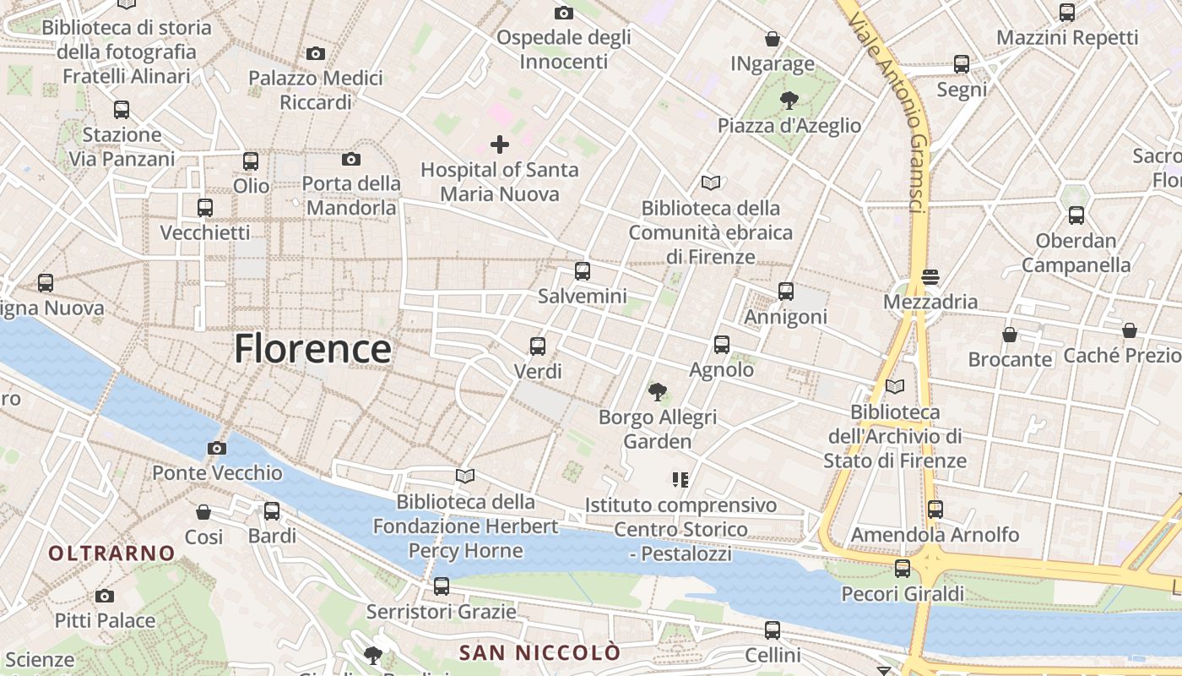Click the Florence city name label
pyautogui.click(x=312, y=348)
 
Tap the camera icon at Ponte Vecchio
pyautogui.click(x=217, y=448)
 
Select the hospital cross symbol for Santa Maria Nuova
pyautogui.click(x=500, y=144)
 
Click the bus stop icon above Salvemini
pyautogui.click(x=582, y=271)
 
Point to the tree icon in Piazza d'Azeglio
pyautogui.click(x=789, y=101)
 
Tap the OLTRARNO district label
pyautogui.click(x=111, y=553)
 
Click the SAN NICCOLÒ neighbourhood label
pyautogui.click(x=539, y=652)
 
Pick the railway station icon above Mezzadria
pyautogui.click(x=930, y=276)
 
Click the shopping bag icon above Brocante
pyautogui.click(x=1010, y=335)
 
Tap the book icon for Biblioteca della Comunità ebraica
pyautogui.click(x=711, y=183)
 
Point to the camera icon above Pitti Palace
pyautogui.click(x=105, y=596)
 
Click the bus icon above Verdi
pyautogui.click(x=537, y=346)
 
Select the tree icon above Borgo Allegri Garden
pyautogui.click(x=657, y=391)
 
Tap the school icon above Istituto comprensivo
pyautogui.click(x=680, y=480)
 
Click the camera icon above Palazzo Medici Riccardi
pyautogui.click(x=316, y=53)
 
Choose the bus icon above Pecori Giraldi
pyautogui.click(x=903, y=569)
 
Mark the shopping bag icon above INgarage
pyautogui.click(x=772, y=39)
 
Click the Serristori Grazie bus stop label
pyautogui.click(x=441, y=611)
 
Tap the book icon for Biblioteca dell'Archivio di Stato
pyautogui.click(x=895, y=387)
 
